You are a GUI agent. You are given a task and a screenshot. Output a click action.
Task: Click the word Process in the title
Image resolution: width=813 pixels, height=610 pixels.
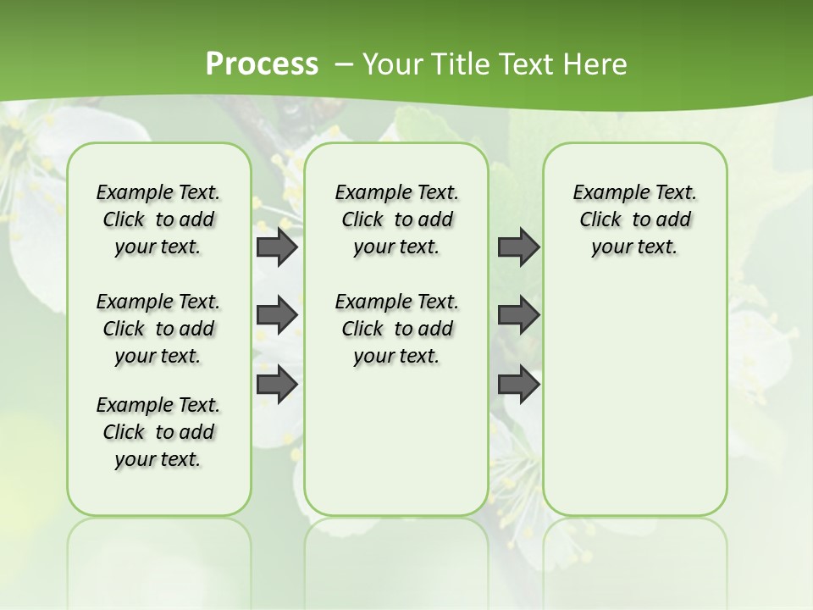(262, 64)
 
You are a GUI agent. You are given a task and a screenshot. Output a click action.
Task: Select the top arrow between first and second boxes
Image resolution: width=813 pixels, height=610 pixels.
(277, 247)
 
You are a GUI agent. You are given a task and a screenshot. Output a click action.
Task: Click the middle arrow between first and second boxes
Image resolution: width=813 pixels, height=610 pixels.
(277, 315)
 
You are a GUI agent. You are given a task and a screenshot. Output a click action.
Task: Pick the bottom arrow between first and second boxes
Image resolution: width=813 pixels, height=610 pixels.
(277, 385)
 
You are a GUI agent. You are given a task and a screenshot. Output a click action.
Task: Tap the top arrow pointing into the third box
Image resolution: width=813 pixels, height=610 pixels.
(518, 247)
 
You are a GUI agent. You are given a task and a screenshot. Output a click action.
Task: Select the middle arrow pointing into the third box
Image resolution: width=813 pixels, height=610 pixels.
(518, 315)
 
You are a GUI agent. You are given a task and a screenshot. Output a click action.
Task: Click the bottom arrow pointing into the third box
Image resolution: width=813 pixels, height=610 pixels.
(518, 385)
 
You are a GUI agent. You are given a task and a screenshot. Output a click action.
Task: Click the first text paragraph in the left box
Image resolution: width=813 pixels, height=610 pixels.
(158, 219)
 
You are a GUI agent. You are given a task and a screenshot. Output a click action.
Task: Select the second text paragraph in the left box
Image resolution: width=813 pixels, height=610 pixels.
(158, 329)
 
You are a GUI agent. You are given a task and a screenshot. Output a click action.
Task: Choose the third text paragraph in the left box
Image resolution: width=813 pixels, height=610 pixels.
(158, 432)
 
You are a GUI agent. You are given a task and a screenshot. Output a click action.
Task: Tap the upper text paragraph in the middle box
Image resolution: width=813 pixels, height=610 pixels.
(396, 219)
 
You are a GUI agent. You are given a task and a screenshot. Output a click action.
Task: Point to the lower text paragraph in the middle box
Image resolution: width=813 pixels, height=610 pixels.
(396, 329)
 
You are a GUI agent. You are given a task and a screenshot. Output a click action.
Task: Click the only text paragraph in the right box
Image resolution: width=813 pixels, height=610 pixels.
(634, 219)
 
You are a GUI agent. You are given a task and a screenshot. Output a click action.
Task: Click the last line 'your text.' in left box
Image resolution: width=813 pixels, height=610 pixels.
(158, 460)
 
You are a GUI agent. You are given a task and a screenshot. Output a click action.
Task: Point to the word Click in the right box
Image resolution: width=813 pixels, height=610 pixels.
(600, 220)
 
